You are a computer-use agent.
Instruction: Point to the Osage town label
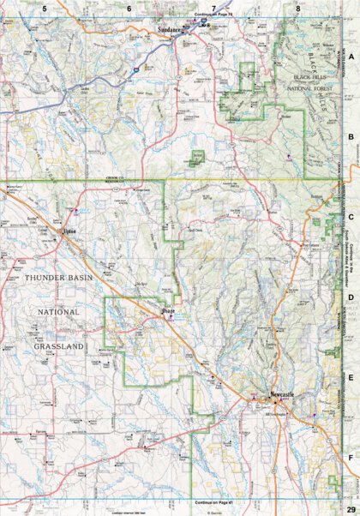coord(169,311)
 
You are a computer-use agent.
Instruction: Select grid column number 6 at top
coord(129,8)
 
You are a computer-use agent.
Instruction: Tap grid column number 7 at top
coord(213,8)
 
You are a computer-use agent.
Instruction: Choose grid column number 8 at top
coord(297,8)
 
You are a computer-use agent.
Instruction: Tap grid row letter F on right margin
coord(351,458)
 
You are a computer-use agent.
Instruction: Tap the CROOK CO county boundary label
coord(116,177)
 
